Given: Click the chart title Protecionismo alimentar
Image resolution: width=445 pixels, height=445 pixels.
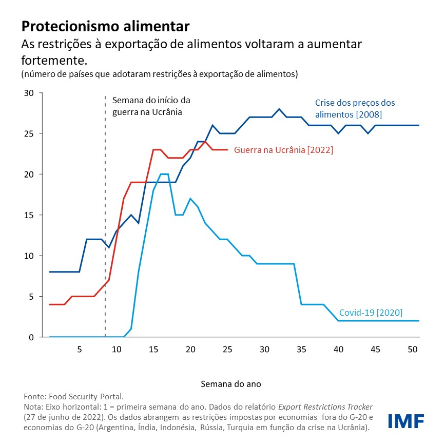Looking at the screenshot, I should [105, 26].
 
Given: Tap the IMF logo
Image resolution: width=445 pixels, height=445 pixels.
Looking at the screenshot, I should [406, 421].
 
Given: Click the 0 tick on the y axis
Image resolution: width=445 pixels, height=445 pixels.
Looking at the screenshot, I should [30, 337].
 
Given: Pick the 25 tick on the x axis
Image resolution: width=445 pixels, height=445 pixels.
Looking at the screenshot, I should [227, 350].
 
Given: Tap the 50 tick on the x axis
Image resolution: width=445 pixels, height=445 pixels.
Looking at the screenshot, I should [412, 350].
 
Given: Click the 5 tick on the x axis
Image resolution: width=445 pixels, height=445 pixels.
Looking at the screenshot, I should [79, 350].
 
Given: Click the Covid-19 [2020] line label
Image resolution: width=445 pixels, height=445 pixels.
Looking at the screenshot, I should [371, 313].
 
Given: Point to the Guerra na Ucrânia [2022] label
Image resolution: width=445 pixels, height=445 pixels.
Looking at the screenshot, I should [283, 150].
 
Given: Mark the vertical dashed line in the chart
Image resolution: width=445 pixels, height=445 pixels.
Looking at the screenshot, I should [105, 216].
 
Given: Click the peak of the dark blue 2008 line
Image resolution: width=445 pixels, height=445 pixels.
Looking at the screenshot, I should [279, 109].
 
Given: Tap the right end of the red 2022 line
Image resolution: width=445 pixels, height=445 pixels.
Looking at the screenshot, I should [227, 150].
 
